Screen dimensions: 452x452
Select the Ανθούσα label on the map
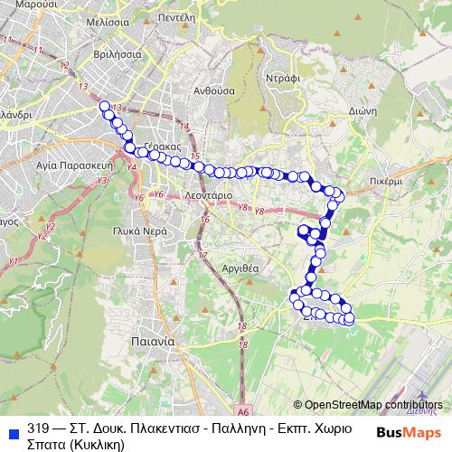(214, 91)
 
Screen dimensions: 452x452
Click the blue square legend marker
(13, 429)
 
